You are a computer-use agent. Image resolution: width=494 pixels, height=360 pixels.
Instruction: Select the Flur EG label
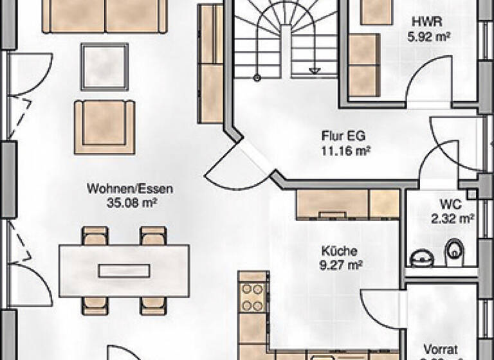tap(338, 137)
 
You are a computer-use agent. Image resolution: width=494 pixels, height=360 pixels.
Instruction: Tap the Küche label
tap(339, 251)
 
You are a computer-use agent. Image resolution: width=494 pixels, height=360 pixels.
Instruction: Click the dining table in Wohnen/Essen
tap(123, 270)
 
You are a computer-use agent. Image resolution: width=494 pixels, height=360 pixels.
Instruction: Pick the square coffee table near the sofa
tap(104, 66)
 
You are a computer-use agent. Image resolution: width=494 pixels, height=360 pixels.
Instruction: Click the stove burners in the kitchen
tap(253, 298)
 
